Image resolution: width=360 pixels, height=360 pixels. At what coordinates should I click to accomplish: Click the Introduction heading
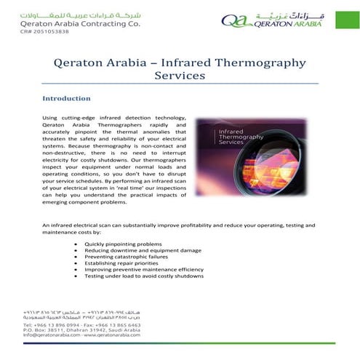click(66, 98)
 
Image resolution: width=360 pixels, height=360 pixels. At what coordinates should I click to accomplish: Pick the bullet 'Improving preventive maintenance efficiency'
click(144, 270)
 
